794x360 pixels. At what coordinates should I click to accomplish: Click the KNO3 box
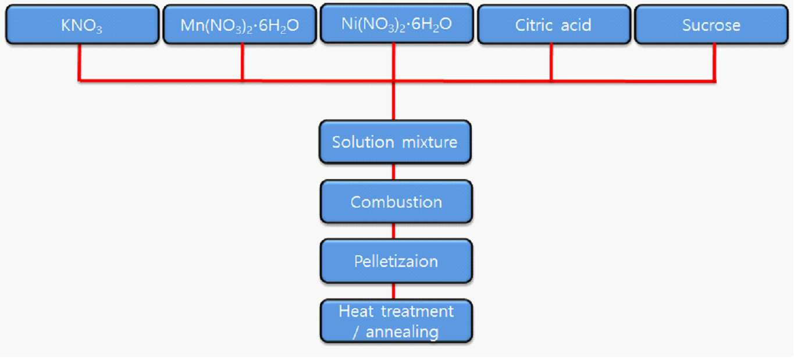(82, 24)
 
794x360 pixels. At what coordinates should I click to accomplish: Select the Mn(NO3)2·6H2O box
(240, 24)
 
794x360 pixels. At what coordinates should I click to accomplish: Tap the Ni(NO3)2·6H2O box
(397, 23)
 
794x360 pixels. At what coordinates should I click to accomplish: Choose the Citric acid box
(554, 24)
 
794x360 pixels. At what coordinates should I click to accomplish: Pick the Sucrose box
(711, 24)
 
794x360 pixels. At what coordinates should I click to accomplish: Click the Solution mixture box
(395, 142)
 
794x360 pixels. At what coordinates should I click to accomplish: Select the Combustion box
(396, 202)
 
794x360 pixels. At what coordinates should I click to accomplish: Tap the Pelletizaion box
(396, 261)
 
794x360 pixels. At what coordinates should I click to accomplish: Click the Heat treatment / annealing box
(396, 321)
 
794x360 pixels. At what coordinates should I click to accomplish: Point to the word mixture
(430, 142)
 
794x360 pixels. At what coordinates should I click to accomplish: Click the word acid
(576, 25)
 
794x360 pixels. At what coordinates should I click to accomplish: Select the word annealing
(402, 332)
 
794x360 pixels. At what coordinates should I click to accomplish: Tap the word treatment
(417, 312)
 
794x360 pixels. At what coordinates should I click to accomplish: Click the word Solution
(363, 142)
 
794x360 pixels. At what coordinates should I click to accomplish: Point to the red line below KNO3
(79, 62)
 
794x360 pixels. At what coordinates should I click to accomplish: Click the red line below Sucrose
(714, 63)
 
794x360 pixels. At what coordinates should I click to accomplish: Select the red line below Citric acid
(551, 62)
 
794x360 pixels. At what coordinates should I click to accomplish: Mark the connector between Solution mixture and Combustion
(394, 172)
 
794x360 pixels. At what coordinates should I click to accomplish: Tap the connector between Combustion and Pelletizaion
(394, 231)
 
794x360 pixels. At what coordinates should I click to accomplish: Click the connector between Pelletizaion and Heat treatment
(394, 291)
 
